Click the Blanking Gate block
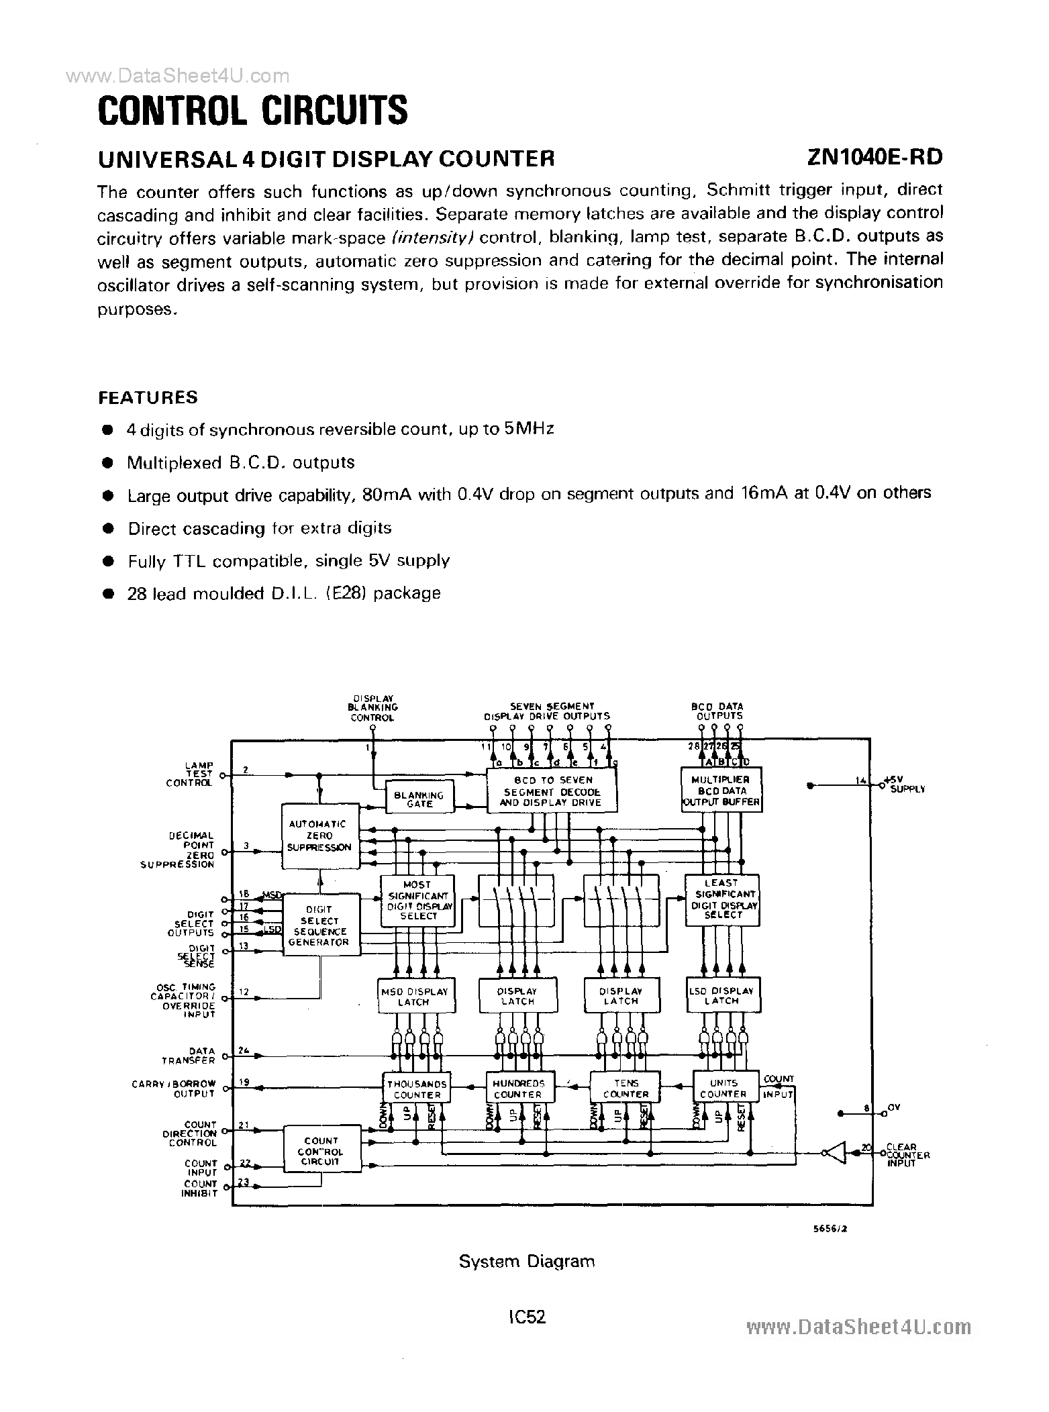tap(419, 799)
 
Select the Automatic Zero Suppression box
tap(319, 836)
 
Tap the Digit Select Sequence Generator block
tap(319, 926)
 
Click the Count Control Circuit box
tap(321, 1151)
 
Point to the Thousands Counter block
tap(417, 1089)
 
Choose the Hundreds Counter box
tap(518, 1089)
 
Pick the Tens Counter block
tap(626, 1089)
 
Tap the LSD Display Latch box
tap(722, 996)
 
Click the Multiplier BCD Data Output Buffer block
tap(721, 791)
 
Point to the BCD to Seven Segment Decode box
tap(552, 791)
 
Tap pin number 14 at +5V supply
tap(860, 780)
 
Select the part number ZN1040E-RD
tap(875, 157)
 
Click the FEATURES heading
tap(148, 397)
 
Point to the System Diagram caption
tap(526, 1261)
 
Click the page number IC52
tap(527, 1317)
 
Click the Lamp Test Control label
tap(191, 774)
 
